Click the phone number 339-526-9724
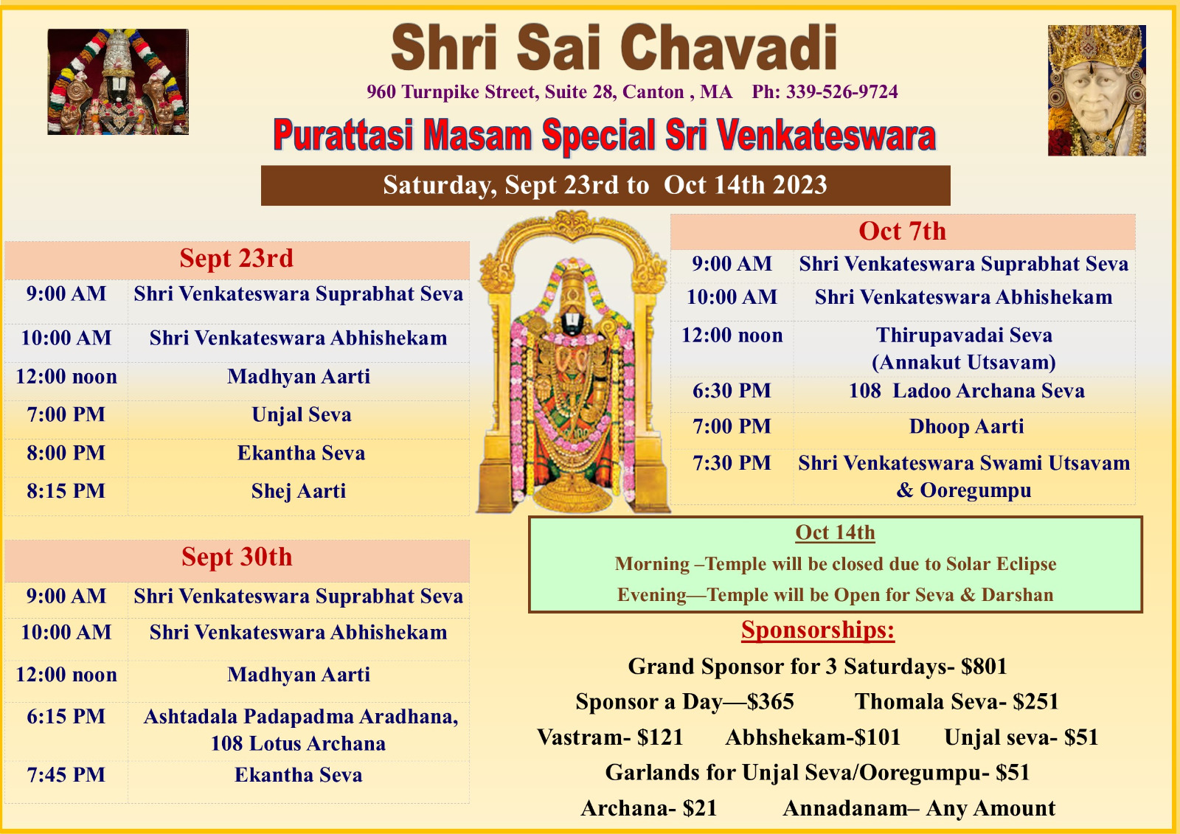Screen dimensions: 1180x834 pos(841,91)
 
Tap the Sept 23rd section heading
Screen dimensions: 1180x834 pos(237,258)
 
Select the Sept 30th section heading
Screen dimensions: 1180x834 pos(237,557)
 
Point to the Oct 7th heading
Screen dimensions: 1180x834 pos(903,232)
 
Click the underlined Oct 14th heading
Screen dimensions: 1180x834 pos(835,532)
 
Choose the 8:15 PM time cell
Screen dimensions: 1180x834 pos(66,491)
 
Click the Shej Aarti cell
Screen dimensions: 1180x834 pos(299,491)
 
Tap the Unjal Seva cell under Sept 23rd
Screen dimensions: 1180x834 pos(302,414)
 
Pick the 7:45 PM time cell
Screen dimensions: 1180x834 pos(66,775)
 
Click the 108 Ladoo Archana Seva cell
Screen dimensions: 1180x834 pos(967,391)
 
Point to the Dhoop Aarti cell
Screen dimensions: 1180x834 pos(967,426)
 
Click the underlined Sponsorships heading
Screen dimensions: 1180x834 pos(818,630)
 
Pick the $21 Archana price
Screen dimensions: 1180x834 pos(700,808)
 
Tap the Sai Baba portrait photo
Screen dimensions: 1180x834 pos(1097,90)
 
